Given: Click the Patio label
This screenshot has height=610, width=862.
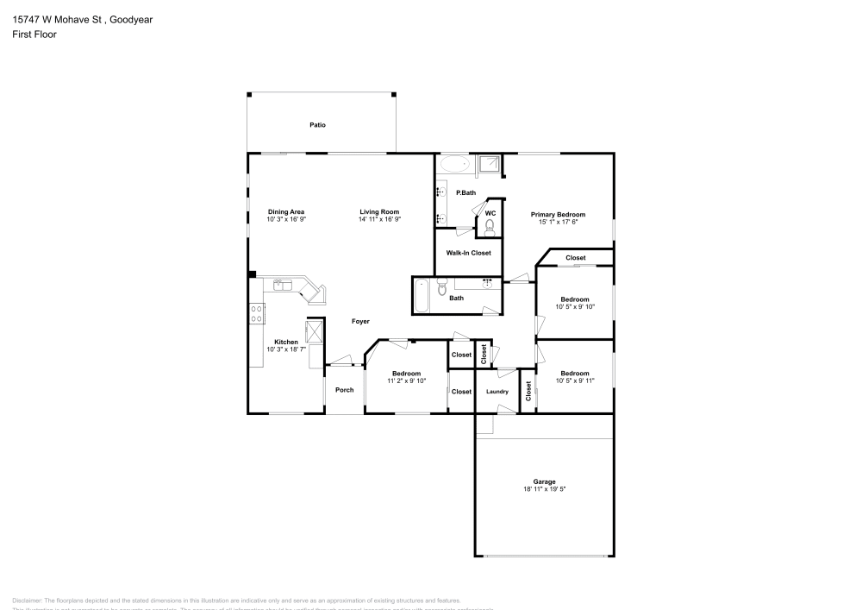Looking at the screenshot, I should click(x=318, y=125).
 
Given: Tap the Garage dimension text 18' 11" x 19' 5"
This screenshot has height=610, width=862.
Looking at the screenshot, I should click(x=544, y=489).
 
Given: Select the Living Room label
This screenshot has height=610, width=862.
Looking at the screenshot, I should click(x=379, y=212).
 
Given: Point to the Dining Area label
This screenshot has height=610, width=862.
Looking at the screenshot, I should click(x=286, y=212).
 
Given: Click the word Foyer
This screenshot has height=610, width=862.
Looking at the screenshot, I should click(x=360, y=322).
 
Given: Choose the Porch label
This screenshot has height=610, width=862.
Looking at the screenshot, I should click(x=344, y=390).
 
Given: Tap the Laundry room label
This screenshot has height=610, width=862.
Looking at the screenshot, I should click(x=497, y=392).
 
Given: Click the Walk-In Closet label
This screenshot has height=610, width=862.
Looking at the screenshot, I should click(x=468, y=253).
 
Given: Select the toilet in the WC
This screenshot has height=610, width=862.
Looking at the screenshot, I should click(x=488, y=228).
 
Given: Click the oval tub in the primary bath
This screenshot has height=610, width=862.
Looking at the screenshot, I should click(x=453, y=164).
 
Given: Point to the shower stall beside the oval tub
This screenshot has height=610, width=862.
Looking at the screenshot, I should click(x=490, y=164).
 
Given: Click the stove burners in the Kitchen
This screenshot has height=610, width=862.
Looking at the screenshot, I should click(x=256, y=313).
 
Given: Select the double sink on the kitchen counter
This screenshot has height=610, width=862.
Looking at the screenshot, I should click(x=285, y=284).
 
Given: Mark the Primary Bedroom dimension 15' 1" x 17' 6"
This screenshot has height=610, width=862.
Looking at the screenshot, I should click(x=558, y=222).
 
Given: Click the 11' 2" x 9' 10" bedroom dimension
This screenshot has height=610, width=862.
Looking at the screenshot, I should click(x=406, y=380).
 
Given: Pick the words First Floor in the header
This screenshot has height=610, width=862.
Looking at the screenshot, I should click(x=34, y=34).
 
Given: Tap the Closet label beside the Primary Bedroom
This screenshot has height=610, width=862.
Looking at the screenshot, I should click(x=575, y=258).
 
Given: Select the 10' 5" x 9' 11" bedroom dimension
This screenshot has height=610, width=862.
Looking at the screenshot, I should click(x=575, y=380).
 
